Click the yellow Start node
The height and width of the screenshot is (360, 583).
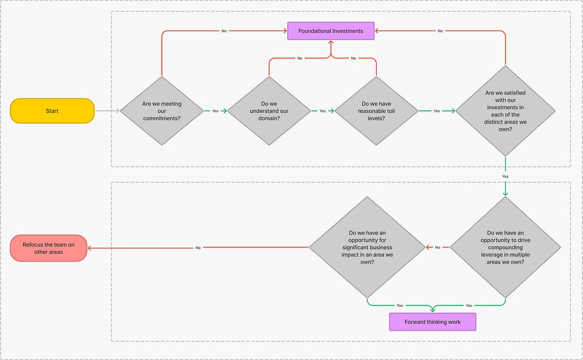pos(52,111)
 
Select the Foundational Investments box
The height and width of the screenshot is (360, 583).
pos(330,31)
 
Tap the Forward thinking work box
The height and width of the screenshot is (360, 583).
pos(432,322)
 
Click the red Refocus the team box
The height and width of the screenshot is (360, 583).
pos(49,248)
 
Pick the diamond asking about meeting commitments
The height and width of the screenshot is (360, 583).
pos(162,111)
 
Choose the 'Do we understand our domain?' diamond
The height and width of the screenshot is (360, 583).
pos(269,111)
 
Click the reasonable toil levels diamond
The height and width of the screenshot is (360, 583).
pos(376,111)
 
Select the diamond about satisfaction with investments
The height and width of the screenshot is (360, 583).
pos(505,111)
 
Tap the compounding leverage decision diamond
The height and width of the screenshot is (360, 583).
pos(505,247)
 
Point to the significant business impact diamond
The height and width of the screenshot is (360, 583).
pos(366,247)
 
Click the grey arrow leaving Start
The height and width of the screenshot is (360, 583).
pos(107,111)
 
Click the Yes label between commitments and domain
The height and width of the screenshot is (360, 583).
pos(215,111)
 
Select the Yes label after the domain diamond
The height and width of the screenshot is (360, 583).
pos(322,111)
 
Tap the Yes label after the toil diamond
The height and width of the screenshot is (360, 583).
pos(436,111)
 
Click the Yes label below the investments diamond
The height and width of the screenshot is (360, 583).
pos(505,176)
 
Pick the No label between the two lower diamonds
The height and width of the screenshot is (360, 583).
pos(437,247)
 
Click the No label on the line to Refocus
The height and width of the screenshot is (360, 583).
pos(198,247)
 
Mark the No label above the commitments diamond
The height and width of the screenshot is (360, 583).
pos(224,31)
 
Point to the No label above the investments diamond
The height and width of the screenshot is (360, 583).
pos(440,31)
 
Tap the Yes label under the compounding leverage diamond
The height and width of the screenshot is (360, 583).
pos(469,305)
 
